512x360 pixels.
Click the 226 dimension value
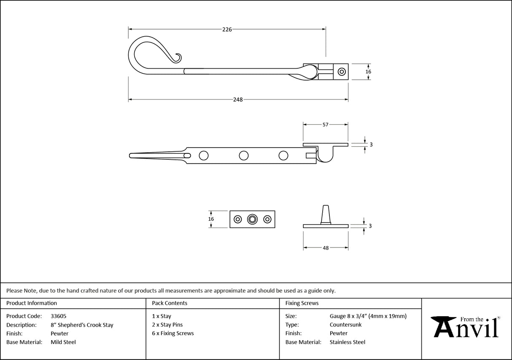227,29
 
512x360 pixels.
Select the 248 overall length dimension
238,99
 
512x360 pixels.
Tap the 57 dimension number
325,124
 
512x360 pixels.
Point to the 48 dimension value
326,248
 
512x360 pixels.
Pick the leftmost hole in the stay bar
204,156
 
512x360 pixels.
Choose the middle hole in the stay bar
244,156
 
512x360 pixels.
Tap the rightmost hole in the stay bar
283,156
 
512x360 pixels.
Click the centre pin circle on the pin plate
252,219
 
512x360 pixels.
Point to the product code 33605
58,316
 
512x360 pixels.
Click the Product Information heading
32,303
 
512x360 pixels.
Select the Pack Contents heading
170,303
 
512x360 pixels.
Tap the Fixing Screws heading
302,303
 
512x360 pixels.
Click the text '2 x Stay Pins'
167,325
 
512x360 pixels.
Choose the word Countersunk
345,325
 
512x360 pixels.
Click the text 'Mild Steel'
63,342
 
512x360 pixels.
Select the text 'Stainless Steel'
348,342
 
